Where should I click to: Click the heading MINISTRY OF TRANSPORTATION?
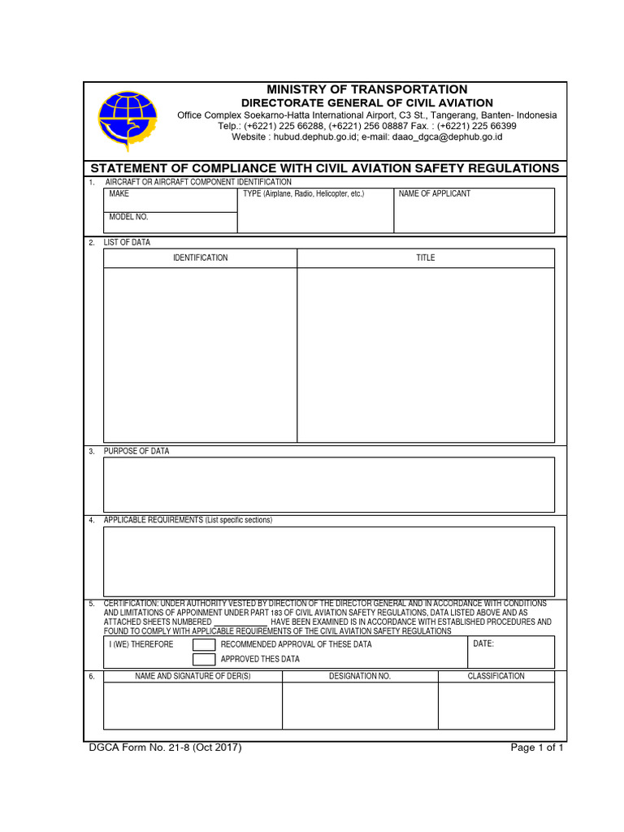[367, 89]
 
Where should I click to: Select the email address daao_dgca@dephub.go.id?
[448, 137]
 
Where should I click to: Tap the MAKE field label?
[119, 194]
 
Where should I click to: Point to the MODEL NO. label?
[129, 218]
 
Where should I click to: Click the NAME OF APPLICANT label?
[434, 194]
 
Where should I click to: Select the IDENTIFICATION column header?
[200, 258]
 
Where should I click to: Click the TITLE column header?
[426, 258]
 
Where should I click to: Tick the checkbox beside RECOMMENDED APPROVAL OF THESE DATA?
[204, 644]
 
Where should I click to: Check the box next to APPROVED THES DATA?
[204, 659]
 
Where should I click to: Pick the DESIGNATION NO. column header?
[360, 676]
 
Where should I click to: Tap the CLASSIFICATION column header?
[496, 676]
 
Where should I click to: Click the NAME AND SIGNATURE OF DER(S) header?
[193, 676]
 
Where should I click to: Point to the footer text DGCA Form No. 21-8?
[164, 747]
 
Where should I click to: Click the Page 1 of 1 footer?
[536, 747]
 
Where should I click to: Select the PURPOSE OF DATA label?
[136, 451]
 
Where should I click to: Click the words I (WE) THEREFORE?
[141, 644]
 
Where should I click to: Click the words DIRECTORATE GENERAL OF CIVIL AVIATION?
[367, 103]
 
